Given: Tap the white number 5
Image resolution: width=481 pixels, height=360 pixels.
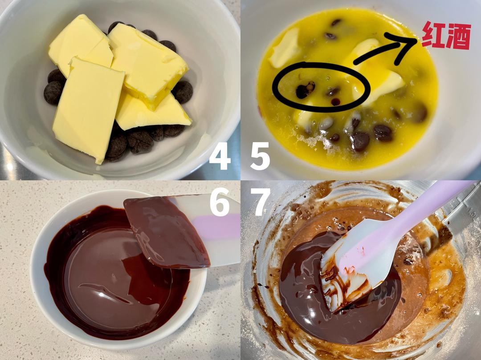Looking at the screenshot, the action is click(x=260, y=156).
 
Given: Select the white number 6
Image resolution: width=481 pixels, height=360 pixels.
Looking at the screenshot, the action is click(x=220, y=202).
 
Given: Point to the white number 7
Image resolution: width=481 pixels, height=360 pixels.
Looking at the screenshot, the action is click(x=261, y=202).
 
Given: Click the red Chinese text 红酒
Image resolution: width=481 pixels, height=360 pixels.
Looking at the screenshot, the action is click(x=446, y=36).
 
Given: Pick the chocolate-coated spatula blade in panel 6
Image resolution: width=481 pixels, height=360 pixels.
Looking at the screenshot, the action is click(x=166, y=231).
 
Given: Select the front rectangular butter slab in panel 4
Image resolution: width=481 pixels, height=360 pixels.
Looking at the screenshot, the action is click(x=88, y=109).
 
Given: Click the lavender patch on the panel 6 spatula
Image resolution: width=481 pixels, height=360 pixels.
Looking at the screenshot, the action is click(x=215, y=227).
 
